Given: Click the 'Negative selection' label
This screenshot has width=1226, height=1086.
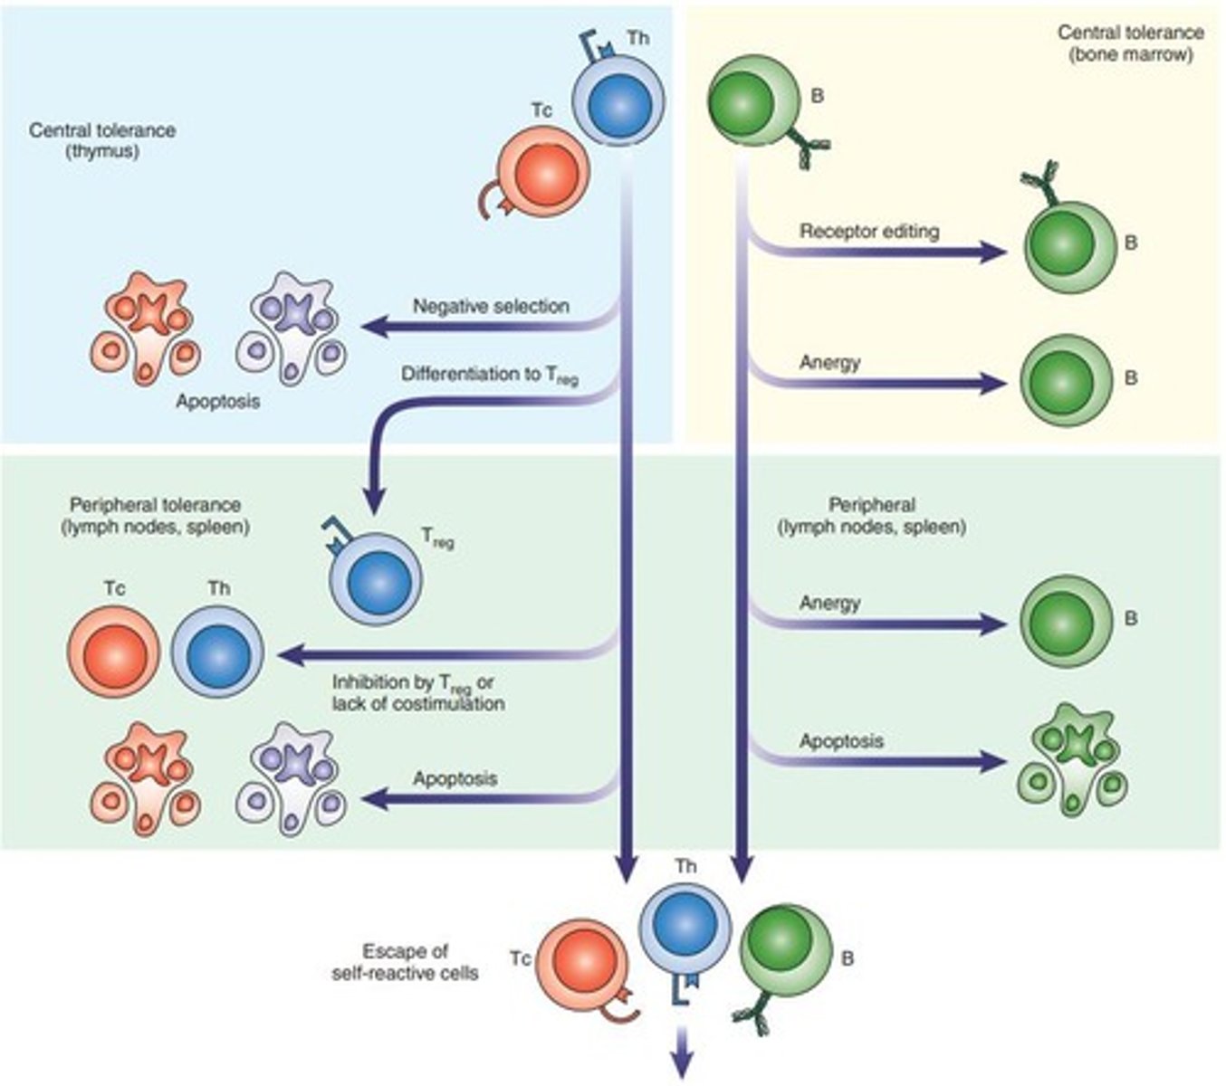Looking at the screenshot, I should pyautogui.click(x=491, y=307).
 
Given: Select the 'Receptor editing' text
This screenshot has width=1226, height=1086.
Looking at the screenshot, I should pyautogui.click(x=868, y=232).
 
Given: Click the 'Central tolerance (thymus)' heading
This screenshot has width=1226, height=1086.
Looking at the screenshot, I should pyautogui.click(x=102, y=140).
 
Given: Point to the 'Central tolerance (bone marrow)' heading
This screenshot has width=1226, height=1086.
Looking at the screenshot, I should pyautogui.click(x=1130, y=43).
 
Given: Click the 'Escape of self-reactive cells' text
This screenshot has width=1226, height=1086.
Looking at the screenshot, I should pyautogui.click(x=406, y=962).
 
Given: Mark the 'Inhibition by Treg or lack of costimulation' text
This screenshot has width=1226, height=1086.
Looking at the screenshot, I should pyautogui.click(x=417, y=692).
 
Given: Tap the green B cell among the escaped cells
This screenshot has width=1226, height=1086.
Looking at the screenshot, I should pyautogui.click(x=785, y=950).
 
